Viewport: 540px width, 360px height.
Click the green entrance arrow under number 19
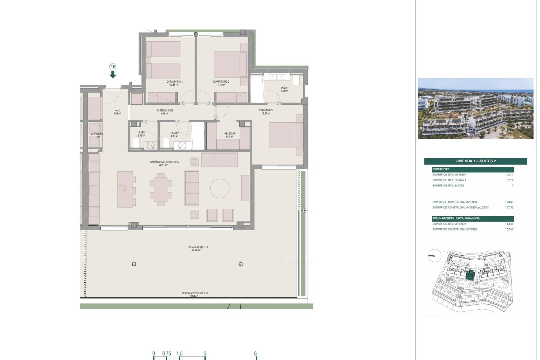point(113,75)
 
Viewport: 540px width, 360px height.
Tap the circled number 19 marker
point(113,67)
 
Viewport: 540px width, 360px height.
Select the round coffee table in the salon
point(220,188)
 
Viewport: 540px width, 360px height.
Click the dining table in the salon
point(161,190)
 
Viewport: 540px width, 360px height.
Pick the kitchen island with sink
point(125,190)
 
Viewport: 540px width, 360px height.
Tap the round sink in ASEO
point(151,146)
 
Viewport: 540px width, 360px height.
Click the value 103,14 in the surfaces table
point(509,175)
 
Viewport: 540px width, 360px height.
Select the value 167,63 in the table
point(509,229)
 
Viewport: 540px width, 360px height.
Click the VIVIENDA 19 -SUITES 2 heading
point(475,161)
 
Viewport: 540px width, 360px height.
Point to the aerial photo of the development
point(475,109)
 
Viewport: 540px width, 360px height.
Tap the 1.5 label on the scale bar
point(179,354)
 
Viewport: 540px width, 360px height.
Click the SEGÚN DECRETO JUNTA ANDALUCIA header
point(456,219)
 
